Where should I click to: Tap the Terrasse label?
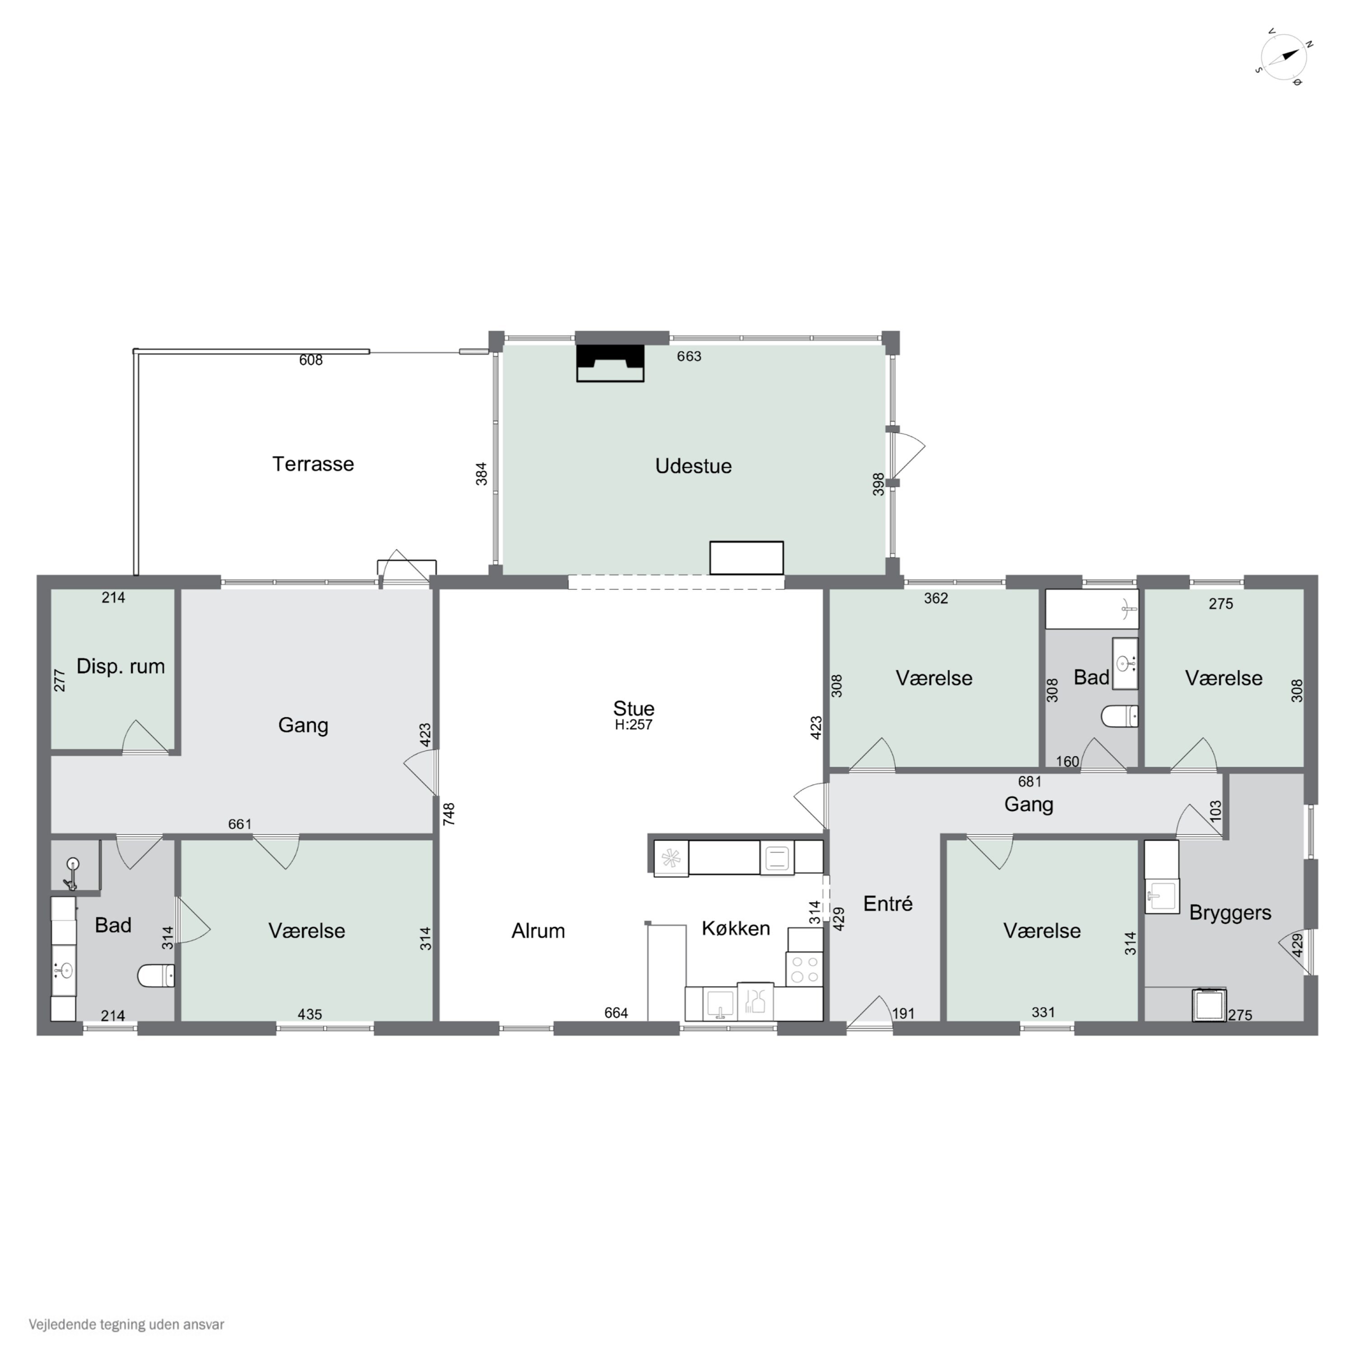313,463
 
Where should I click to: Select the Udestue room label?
693,466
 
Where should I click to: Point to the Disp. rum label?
121,666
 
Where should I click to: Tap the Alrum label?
538,931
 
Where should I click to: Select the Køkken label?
736,928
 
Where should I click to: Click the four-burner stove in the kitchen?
804,968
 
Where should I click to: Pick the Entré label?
888,903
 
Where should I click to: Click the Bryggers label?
1230,912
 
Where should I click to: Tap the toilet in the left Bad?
156,975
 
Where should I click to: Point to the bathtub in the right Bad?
1091,609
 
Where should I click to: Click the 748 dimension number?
449,813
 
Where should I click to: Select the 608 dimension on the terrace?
311,360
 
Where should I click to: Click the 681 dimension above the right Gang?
1030,781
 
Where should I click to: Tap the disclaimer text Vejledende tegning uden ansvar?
126,1324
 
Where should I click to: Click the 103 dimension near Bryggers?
1215,811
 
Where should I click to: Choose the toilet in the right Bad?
1119,716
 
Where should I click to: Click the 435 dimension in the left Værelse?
309,1014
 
